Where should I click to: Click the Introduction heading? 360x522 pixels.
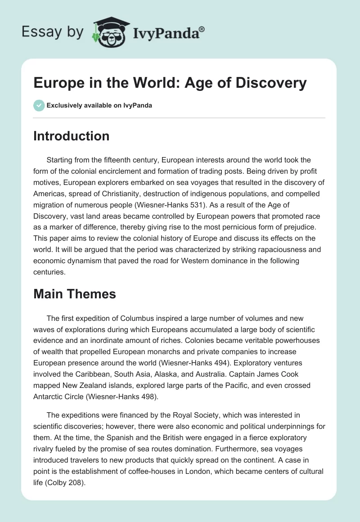click(71, 136)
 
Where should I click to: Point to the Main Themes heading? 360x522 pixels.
click(74, 294)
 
